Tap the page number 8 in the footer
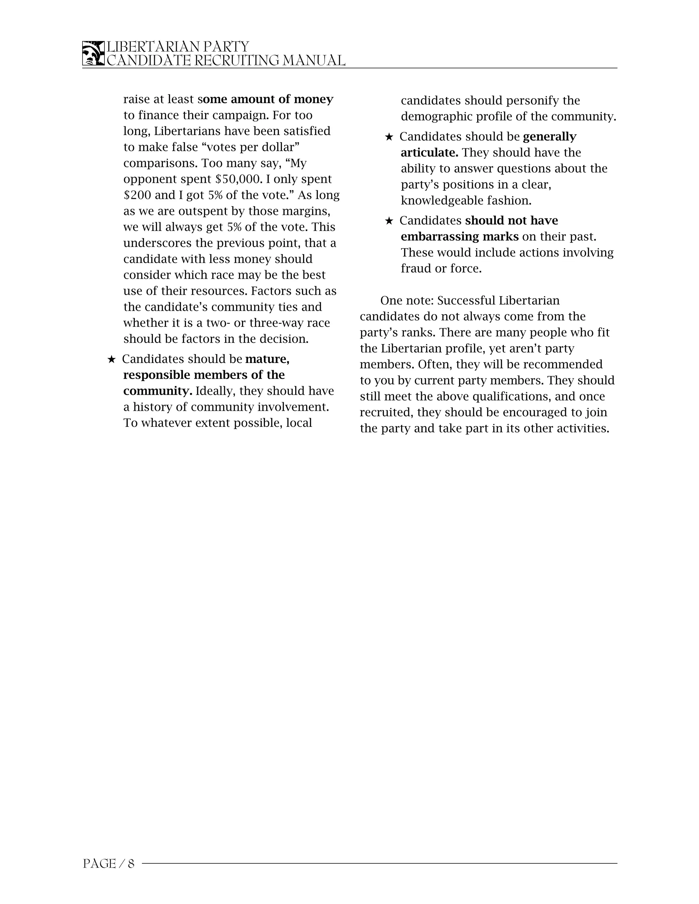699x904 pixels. click(x=131, y=863)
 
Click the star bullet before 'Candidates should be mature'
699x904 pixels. click(x=111, y=359)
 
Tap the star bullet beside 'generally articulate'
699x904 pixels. click(x=388, y=136)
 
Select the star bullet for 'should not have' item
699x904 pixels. click(x=388, y=221)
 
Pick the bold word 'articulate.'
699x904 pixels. click(x=429, y=153)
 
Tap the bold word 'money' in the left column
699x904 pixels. click(x=313, y=99)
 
